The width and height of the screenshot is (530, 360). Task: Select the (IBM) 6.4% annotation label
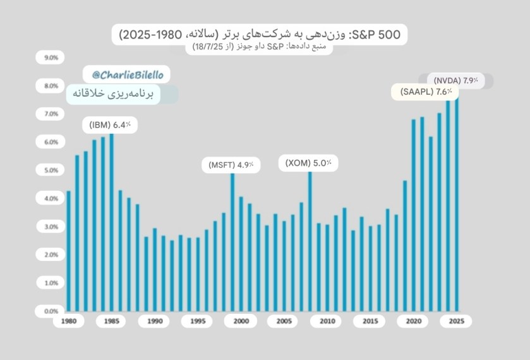109,125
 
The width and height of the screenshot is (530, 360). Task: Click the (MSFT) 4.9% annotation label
231,165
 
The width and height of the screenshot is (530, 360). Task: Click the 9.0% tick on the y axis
51,57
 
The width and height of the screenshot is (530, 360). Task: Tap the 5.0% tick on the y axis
51,171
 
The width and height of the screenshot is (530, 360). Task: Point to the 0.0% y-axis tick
51,311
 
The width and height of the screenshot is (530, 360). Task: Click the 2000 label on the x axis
241,321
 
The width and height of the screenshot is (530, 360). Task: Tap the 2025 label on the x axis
456,321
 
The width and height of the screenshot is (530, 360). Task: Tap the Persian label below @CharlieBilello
123,93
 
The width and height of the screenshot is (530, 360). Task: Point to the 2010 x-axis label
327,321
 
